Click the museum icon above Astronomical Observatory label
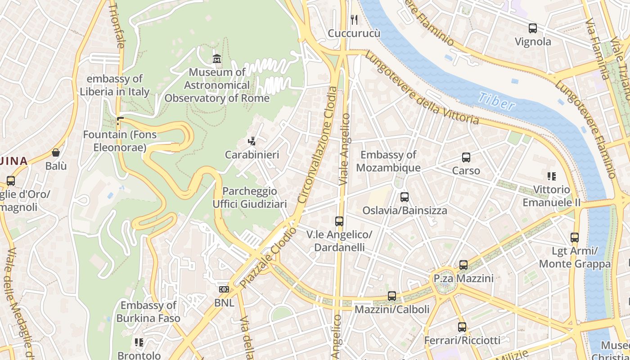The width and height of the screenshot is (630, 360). coord(217,58)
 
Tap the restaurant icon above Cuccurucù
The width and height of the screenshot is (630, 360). coord(354,19)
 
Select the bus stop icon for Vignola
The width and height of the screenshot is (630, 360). coord(533,28)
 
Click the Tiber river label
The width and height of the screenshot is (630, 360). coord(496,101)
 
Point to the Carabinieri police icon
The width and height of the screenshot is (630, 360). coord(252,141)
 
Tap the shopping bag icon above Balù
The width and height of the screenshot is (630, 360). coord(56,153)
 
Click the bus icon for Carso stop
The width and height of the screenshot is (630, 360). coord(466,157)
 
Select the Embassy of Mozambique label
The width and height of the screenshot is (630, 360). coord(388,161)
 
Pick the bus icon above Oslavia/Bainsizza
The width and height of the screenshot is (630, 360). coord(405,197)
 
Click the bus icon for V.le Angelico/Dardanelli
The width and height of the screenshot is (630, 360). coord(339,221)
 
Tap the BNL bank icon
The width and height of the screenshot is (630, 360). coord(224,289)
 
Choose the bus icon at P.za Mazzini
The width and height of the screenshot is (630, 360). coord(463,265)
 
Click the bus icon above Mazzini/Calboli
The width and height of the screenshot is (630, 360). coord(392,296)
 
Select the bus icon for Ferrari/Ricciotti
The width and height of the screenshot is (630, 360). coord(462,327)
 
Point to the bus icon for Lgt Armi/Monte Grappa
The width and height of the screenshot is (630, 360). coord(575,237)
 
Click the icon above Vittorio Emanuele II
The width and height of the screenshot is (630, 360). coord(551,176)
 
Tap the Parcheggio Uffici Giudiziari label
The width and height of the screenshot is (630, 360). coord(250,198)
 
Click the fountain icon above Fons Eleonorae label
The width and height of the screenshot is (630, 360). coord(120,121)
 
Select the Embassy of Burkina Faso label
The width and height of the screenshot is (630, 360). coord(148,312)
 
